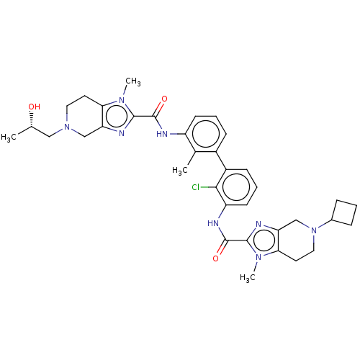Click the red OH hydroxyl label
[35, 107]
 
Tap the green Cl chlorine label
[196, 187]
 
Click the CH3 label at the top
[133, 81]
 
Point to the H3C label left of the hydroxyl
[9, 138]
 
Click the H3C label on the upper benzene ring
[180, 171]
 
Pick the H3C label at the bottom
[248, 277]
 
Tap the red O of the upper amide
[164, 99]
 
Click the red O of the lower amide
[216, 258]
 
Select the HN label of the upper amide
[162, 134]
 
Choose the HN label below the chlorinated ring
[213, 223]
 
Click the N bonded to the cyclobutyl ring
[314, 230]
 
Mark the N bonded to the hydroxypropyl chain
[67, 127]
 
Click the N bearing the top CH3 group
[122, 99]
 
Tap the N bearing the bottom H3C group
[258, 258]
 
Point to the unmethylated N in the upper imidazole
[122, 133]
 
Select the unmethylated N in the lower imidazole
[258, 224]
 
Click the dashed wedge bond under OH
[31, 120]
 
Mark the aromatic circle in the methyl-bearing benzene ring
[206, 134]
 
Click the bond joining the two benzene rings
[221, 161]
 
